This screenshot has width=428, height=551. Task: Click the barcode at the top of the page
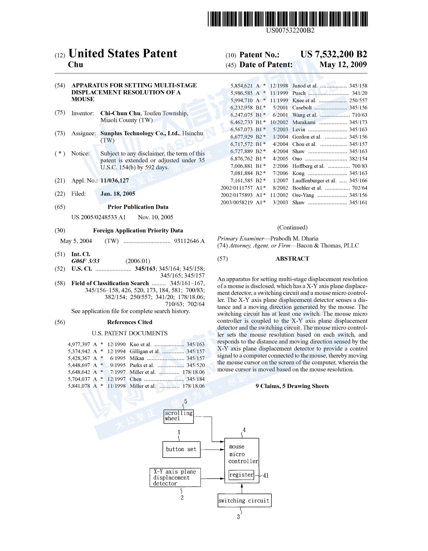(x=287, y=19)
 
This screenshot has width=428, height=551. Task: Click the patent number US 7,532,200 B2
(x=334, y=54)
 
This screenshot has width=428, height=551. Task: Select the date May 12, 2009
(x=343, y=65)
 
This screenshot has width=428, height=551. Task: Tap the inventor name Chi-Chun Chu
(x=120, y=113)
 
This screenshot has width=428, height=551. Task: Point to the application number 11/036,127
(x=114, y=181)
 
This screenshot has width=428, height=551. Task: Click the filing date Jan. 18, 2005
(x=118, y=194)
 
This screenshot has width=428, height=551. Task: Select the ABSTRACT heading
(x=292, y=259)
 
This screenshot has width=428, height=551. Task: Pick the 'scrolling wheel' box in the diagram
(x=179, y=416)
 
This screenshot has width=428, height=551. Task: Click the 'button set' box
(x=181, y=449)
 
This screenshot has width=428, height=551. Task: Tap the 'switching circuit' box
(x=244, y=500)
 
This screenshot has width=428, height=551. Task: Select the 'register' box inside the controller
(x=241, y=475)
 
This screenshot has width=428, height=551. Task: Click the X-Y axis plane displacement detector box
(x=175, y=478)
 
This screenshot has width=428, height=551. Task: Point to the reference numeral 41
(x=265, y=476)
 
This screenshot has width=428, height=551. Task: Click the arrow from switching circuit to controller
(x=242, y=488)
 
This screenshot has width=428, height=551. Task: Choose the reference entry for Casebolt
(x=299, y=108)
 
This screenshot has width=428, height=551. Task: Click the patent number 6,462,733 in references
(x=241, y=122)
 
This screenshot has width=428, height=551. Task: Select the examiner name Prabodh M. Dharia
(x=294, y=238)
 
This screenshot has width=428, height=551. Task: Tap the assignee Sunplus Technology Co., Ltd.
(x=140, y=133)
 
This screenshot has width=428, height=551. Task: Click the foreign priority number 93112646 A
(x=189, y=241)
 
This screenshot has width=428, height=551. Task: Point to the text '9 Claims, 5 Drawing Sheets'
(x=292, y=386)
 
